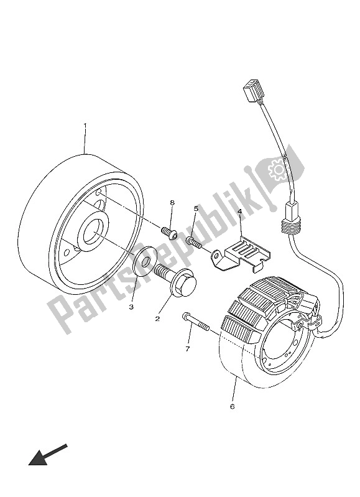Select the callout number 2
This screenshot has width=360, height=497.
pos(157,318)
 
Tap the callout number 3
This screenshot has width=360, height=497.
pos(131,307)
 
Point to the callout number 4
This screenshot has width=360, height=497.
pos(239,212)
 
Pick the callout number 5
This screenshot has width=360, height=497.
pos(196,209)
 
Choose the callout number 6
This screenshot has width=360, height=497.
pos(233,407)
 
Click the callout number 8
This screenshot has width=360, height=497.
pos(172,203)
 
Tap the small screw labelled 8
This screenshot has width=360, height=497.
pos(169,233)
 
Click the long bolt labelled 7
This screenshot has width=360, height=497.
pos(197,323)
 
